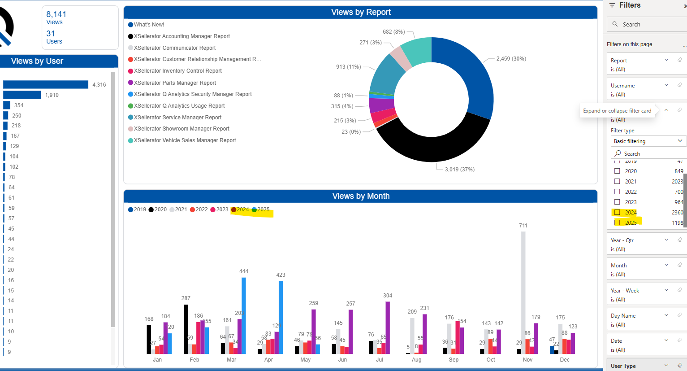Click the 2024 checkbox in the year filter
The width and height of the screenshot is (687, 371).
(x=617, y=213)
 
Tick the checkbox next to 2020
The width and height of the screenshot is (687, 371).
(x=617, y=171)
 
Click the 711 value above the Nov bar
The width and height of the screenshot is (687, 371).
(x=523, y=226)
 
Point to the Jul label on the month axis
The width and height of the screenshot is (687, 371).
(x=380, y=360)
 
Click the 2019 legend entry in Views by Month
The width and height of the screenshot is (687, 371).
(x=137, y=210)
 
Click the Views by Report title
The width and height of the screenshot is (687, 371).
(x=361, y=12)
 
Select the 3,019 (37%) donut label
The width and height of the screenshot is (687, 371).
(x=459, y=170)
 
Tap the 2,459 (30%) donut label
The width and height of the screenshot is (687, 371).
(x=511, y=59)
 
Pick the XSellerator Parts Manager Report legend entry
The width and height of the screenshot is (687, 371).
(x=175, y=83)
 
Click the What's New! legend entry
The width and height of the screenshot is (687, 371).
(x=149, y=25)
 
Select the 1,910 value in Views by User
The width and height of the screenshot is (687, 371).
(x=52, y=95)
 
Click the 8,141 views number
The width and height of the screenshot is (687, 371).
(x=56, y=14)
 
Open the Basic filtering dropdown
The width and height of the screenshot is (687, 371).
(x=648, y=141)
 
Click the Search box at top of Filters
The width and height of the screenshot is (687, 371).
(x=648, y=25)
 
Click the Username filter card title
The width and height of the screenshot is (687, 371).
(x=622, y=86)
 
